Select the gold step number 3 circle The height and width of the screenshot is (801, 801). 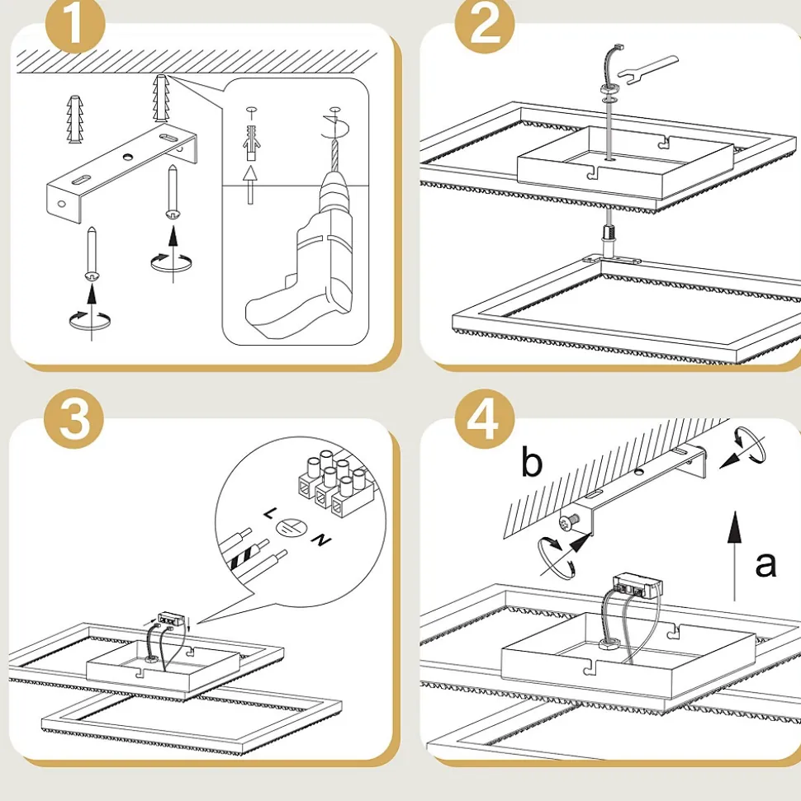coord(74,419)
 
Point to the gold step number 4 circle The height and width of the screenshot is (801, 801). coord(485,419)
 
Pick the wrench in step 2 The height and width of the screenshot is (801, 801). coord(647,69)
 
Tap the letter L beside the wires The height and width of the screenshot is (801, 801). coord(269,513)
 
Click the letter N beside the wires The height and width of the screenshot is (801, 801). coord(322,540)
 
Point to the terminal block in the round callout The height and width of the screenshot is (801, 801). coord(335,483)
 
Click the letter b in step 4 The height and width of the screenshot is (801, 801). coord(532,462)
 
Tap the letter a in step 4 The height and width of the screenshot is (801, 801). coord(765,564)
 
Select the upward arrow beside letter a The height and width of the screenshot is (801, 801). coord(734,556)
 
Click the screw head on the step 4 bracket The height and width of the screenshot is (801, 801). coord(569,522)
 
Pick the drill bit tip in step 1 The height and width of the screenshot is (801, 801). coord(334,138)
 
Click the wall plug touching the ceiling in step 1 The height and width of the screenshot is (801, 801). coord(160,99)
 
